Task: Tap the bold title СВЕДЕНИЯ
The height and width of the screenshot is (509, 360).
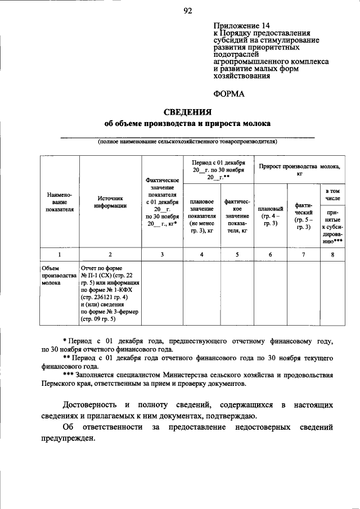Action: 187,111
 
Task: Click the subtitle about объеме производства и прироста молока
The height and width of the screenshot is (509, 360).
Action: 187,123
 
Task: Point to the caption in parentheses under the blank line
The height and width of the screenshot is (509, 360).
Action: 187,142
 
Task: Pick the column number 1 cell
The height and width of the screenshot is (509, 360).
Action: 59,254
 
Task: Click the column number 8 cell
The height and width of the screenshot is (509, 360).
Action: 332,254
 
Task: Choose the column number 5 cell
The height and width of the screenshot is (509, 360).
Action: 237,254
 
